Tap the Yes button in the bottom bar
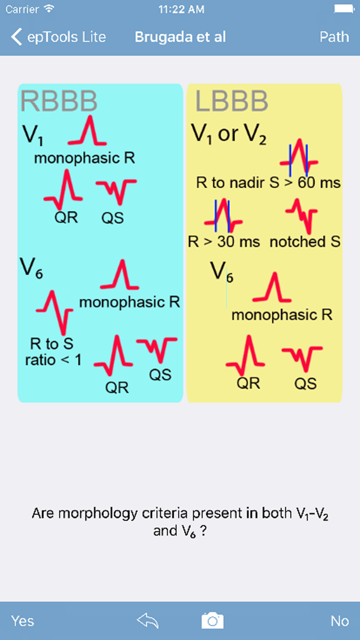pos(23,620)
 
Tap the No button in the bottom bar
pos(339,620)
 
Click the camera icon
pos(212,620)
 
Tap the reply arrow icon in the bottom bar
pos(148,620)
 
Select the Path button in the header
pos(335,37)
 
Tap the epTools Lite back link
pos(59,37)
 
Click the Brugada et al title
pos(180,37)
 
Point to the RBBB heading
pos(59,101)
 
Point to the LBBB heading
pos(231,101)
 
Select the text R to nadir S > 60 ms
pos(268,183)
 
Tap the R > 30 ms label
pos(224,242)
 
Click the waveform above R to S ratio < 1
pos(55,312)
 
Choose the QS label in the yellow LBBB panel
pos(305,383)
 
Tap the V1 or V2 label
pos(229,135)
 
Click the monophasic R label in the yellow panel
pos(282,314)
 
